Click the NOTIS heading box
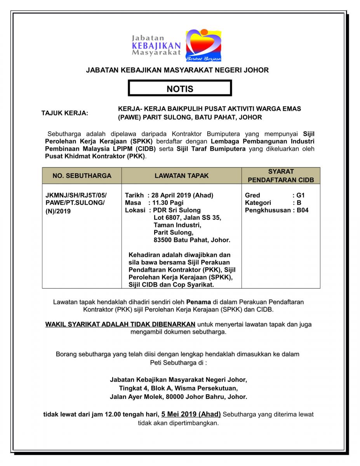pyautogui.click(x=180, y=89)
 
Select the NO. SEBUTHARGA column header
pyautogui.click(x=82, y=176)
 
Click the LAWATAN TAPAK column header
pyautogui.click(x=181, y=176)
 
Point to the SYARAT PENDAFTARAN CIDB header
pyautogui.click(x=281, y=176)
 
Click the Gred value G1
pyautogui.click(x=301, y=195)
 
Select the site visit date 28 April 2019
pyautogui.click(x=171, y=195)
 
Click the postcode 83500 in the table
pyautogui.click(x=163, y=240)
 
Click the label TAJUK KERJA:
pyautogui.click(x=65, y=113)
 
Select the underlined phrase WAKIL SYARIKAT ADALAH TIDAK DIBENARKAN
pyautogui.click(x=120, y=324)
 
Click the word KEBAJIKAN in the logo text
pyautogui.click(x=156, y=45)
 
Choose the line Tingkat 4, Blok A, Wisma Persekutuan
pyautogui.click(x=178, y=388)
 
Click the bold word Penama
pyautogui.click(x=198, y=301)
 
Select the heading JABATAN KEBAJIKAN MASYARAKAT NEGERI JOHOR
pyautogui.click(x=177, y=70)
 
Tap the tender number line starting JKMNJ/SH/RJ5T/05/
pyautogui.click(x=76, y=195)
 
